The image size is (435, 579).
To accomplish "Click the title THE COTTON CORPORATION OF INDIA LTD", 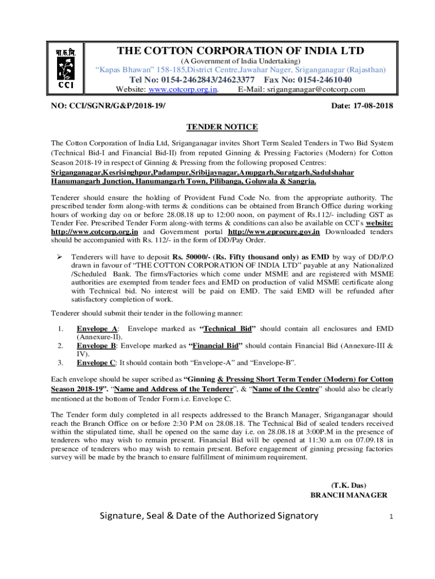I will [x=240, y=51].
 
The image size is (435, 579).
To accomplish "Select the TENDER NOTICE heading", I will [x=222, y=127].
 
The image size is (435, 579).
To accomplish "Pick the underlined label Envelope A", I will [x=97, y=329].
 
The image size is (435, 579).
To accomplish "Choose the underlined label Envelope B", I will [x=97, y=345].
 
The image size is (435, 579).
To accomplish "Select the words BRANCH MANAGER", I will [x=349, y=495].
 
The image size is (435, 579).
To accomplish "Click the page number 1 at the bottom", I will [x=391, y=517].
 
